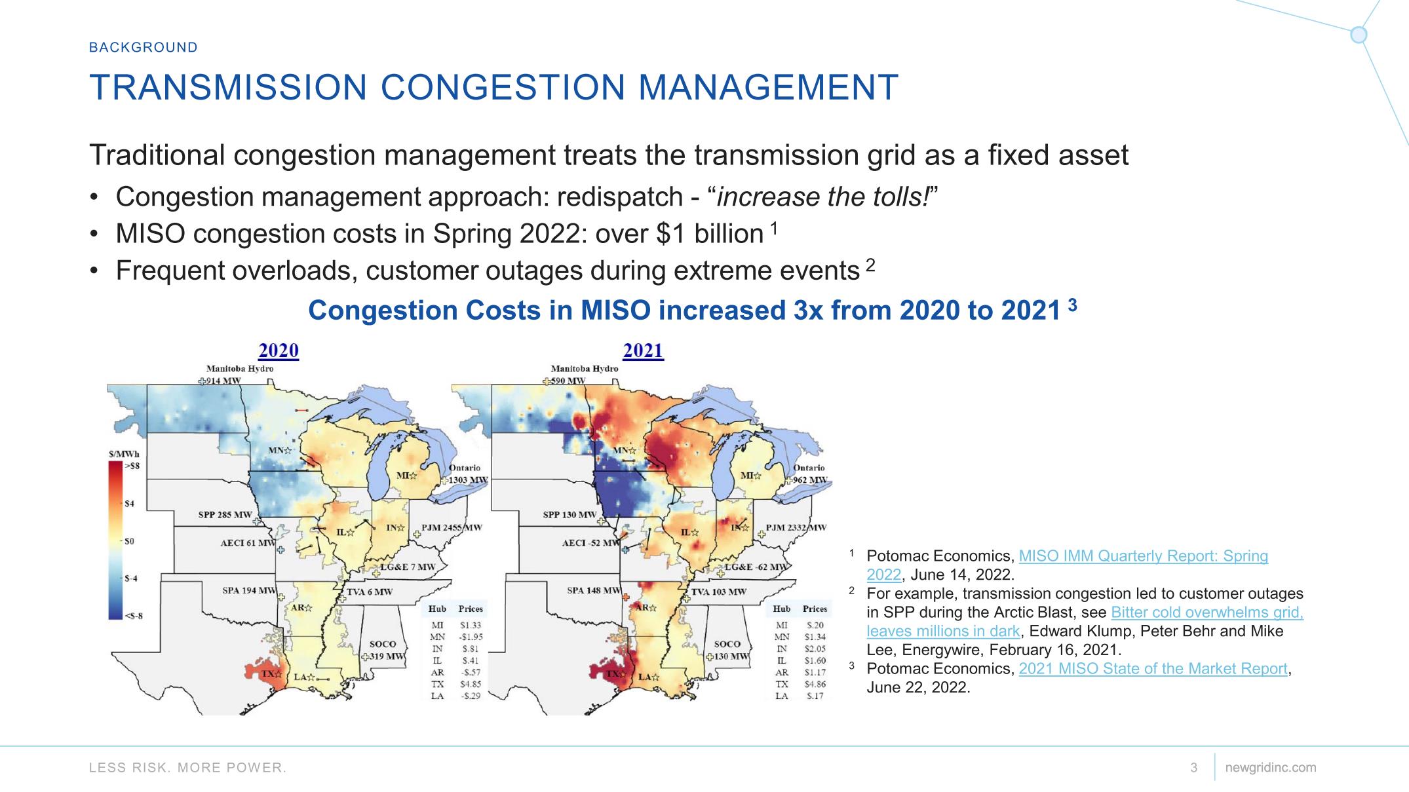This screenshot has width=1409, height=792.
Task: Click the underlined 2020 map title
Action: coord(279,350)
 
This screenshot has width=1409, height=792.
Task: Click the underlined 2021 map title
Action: coord(643,350)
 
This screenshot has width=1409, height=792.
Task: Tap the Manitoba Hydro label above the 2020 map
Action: coord(240,368)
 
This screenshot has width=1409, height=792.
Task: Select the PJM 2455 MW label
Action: coord(452,527)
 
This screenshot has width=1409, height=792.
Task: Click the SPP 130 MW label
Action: coord(569,515)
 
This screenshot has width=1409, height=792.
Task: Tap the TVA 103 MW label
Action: coord(719,592)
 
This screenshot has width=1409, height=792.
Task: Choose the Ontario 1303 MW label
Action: coord(465,474)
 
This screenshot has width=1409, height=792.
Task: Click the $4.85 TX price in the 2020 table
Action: coord(471,684)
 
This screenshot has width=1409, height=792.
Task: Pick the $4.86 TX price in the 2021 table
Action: coord(815,684)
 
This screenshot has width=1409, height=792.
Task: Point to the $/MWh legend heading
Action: coord(124,454)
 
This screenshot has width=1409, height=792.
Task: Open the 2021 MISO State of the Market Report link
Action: coord(1153,669)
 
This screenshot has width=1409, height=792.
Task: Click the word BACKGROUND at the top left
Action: coord(144,47)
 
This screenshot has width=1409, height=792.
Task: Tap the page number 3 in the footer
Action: coord(1193,767)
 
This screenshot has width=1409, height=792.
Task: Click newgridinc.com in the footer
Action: coord(1270,767)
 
